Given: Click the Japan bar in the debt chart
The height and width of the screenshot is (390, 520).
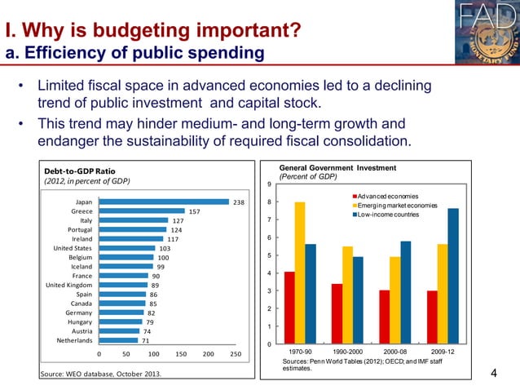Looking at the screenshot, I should (163, 202).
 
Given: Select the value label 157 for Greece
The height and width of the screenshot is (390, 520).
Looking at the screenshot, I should (195, 211).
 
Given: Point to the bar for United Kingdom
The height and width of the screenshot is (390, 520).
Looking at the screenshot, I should (123, 286).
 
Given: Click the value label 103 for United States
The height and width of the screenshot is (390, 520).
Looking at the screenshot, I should (165, 248).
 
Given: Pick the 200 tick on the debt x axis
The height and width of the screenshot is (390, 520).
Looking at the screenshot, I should (208, 355).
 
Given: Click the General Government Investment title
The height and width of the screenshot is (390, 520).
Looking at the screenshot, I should (337, 168).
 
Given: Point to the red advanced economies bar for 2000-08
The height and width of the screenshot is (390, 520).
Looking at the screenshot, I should (384, 317).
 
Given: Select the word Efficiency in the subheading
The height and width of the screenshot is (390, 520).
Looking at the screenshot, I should (59, 54).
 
